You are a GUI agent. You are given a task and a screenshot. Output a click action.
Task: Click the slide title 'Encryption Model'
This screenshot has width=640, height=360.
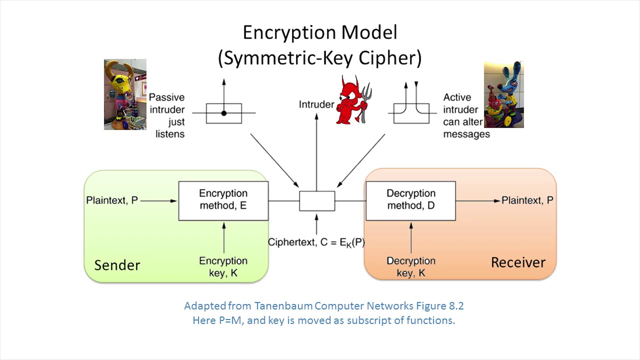click(319, 33)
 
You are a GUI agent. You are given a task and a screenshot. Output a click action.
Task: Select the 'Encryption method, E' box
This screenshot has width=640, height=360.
click(223, 200)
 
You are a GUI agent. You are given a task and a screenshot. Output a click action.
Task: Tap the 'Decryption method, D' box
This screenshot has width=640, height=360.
click(410, 200)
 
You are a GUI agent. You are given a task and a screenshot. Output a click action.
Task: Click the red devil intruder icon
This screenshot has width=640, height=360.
click(353, 100)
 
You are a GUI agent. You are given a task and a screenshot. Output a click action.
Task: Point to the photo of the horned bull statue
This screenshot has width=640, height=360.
click(125, 94)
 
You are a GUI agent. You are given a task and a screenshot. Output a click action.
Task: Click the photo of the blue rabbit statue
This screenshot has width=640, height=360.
click(503, 94)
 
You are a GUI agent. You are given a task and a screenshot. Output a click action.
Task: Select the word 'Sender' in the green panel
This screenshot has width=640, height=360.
click(117, 265)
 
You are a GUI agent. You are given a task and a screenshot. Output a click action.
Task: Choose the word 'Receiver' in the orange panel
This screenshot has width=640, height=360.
click(518, 262)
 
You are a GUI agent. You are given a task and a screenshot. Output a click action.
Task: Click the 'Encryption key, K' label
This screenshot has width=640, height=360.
click(223, 266)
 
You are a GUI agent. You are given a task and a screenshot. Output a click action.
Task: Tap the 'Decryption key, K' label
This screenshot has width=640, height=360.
click(410, 266)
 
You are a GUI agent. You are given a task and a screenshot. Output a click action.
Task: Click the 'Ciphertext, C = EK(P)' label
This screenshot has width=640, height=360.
click(316, 242)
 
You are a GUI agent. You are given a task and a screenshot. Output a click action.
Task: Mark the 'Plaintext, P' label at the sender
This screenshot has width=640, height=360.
click(111, 200)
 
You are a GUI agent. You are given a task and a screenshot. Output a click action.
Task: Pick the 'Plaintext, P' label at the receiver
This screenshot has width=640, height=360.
click(527, 200)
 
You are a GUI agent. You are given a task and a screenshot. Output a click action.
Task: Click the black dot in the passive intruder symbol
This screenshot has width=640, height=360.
click(223, 113)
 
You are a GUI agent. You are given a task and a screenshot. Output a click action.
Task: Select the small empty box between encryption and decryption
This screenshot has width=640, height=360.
click(317, 201)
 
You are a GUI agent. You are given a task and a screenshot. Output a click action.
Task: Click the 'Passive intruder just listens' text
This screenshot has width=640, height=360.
click(167, 115)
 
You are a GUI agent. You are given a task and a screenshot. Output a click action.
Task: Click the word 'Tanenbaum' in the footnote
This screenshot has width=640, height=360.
click(283, 306)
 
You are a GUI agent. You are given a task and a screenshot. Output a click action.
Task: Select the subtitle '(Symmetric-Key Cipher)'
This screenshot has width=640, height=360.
click(319, 58)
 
